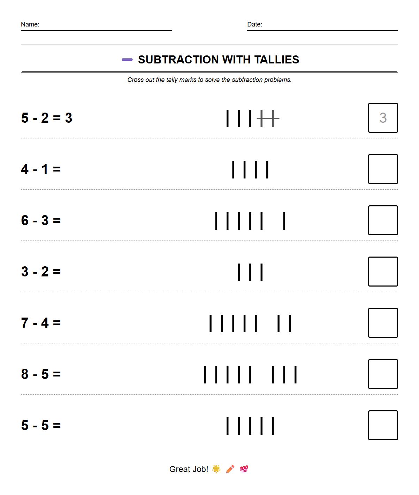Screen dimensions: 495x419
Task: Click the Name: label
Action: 30,24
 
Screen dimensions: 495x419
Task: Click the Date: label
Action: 254,24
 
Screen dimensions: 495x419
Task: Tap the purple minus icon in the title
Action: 127,60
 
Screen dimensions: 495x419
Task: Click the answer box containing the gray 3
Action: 383,118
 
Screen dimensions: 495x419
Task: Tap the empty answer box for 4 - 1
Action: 383,169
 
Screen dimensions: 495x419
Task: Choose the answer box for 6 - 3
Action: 383,220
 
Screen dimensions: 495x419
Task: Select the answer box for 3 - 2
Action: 383,272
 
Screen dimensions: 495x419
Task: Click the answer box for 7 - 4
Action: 383,323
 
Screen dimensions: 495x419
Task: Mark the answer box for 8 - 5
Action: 383,374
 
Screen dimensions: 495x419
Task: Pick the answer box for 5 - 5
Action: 383,425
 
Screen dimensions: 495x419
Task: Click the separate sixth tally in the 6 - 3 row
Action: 284,221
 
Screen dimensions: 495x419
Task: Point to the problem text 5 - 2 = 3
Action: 47,118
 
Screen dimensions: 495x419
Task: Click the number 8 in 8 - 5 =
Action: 25,374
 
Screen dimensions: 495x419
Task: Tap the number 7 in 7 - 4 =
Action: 25,323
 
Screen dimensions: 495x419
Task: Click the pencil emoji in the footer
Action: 230,469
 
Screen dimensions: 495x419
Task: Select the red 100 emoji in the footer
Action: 244,469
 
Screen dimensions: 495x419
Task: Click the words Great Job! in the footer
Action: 189,469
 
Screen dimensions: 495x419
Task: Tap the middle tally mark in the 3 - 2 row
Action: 250,272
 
